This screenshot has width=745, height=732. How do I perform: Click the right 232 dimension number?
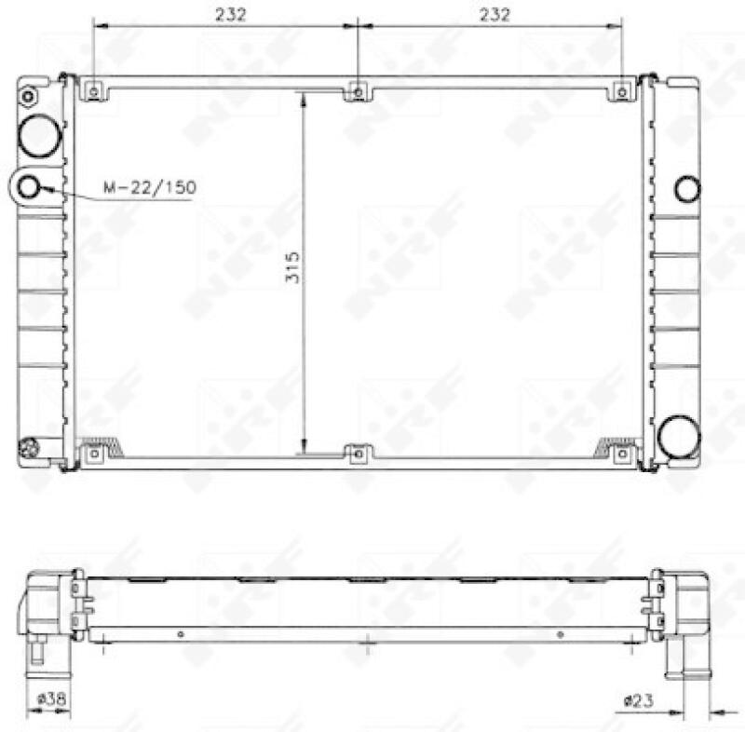(x=494, y=14)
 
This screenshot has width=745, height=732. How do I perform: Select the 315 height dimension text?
(x=291, y=268)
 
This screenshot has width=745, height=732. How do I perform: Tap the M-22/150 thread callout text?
(x=150, y=188)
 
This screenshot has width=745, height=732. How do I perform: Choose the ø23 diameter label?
(x=639, y=698)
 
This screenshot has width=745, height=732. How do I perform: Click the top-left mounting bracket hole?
(x=93, y=90)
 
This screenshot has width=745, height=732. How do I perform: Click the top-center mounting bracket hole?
(x=359, y=91)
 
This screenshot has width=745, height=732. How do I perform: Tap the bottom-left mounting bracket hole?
(x=93, y=454)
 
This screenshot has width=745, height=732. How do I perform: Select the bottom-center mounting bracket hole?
(x=359, y=454)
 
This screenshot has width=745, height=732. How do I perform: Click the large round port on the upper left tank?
(x=40, y=137)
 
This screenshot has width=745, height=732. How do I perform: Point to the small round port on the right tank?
(x=687, y=188)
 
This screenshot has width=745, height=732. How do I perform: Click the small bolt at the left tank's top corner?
(x=28, y=96)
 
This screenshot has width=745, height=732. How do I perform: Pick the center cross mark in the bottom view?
(x=370, y=642)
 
